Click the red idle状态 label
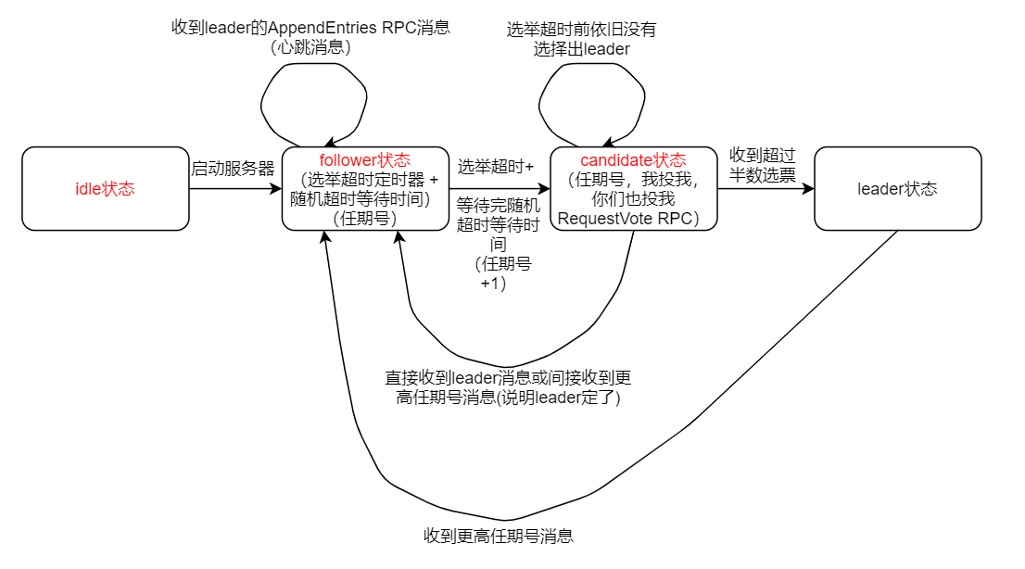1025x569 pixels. pyautogui.click(x=105, y=189)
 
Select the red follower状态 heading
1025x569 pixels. pyautogui.click(x=364, y=160)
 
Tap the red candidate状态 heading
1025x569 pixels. pyautogui.click(x=633, y=160)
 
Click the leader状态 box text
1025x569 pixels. pyautogui.click(x=897, y=189)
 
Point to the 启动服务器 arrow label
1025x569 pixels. pyautogui.click(x=234, y=170)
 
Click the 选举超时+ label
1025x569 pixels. pyautogui.click(x=496, y=167)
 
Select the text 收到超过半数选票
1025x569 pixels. pyautogui.click(x=763, y=164)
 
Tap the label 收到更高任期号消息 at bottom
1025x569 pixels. pyautogui.click(x=499, y=536)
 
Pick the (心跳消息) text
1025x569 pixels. pyautogui.click(x=310, y=47)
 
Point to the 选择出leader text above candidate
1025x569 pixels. pyautogui.click(x=581, y=49)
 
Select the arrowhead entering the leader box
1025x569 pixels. pyautogui.click(x=808, y=188)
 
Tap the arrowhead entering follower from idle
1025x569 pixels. pyautogui.click(x=276, y=188)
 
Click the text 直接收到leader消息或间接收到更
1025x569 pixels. pyautogui.click(x=509, y=378)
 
